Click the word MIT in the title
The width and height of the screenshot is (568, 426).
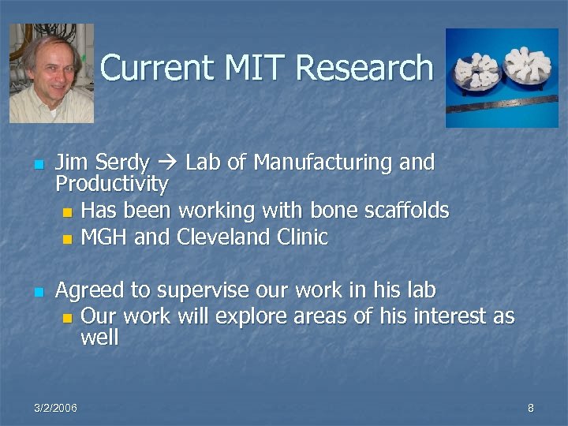(x=252, y=68)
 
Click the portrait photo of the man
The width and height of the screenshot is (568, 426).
(x=51, y=73)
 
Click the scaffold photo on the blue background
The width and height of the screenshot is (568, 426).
(x=502, y=77)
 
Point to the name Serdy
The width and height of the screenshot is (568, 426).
(x=122, y=163)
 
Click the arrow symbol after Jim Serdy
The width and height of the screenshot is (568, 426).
(x=167, y=163)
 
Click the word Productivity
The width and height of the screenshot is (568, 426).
(x=111, y=185)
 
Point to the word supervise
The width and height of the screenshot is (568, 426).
(x=189, y=290)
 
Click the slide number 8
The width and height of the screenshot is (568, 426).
(x=531, y=408)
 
